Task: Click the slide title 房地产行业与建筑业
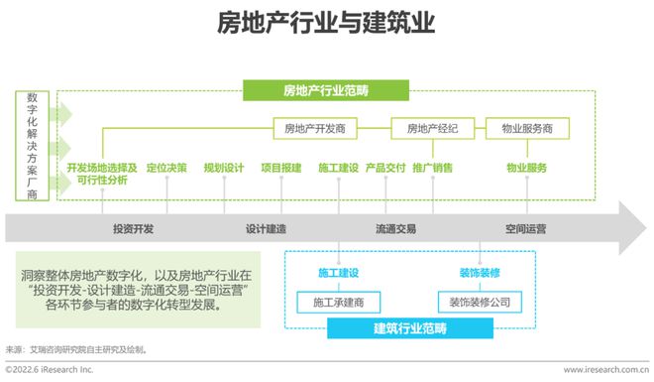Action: click(326, 24)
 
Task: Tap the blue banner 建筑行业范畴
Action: click(411, 327)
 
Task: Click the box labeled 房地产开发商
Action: click(315, 128)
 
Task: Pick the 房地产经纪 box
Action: click(434, 128)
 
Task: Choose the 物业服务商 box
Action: click(535, 128)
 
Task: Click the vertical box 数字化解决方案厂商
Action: click(33, 146)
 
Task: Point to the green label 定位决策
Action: click(166, 168)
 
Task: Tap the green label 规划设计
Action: click(224, 168)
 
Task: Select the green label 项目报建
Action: click(280, 168)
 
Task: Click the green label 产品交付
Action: click(384, 168)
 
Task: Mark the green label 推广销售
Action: click(433, 168)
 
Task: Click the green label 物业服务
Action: click(527, 168)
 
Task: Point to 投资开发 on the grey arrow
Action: click(133, 228)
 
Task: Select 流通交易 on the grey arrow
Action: click(395, 228)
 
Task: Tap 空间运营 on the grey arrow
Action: click(525, 228)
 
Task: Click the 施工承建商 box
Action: click(339, 301)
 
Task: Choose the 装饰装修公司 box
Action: click(479, 301)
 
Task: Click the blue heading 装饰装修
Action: click(479, 271)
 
